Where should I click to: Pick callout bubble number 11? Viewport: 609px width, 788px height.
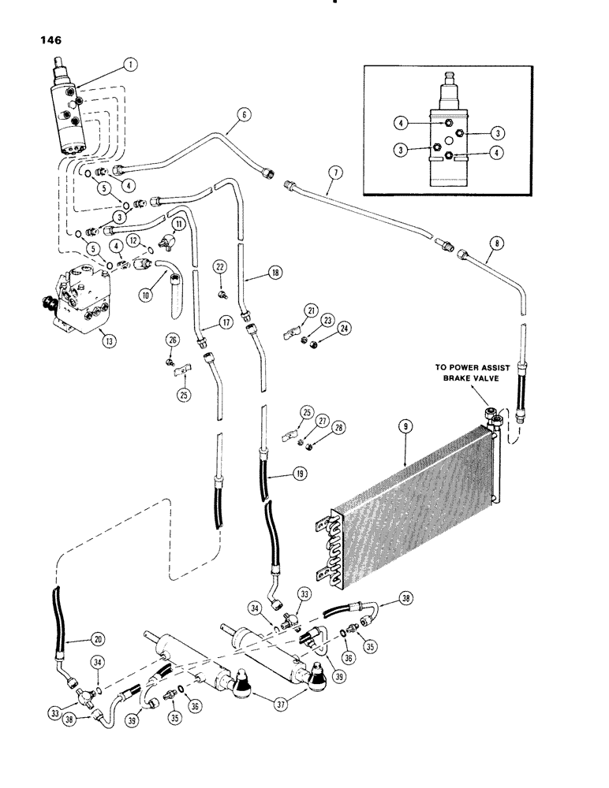point(179,225)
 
